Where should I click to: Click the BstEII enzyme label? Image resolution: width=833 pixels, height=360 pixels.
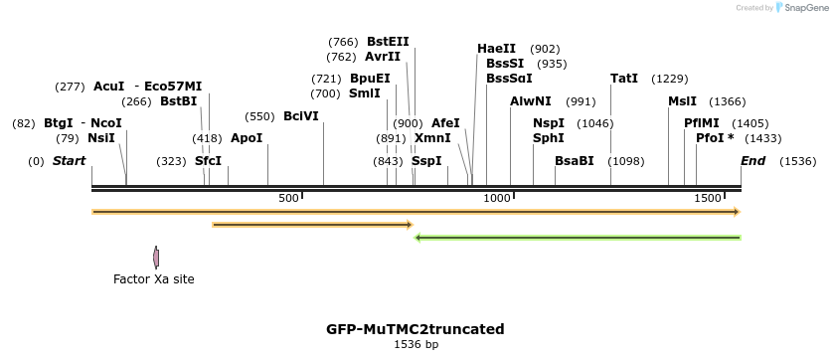(388, 42)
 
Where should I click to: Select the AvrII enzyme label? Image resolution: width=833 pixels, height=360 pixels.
(383, 57)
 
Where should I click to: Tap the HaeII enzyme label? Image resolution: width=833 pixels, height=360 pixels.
(496, 49)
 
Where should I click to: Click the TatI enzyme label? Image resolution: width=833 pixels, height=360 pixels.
(624, 79)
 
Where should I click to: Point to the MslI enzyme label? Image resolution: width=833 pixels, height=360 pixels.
(682, 101)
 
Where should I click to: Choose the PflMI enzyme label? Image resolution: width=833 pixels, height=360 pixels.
(701, 123)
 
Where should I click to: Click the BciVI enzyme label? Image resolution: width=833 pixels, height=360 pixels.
(301, 116)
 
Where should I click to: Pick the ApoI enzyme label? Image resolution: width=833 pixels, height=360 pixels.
(247, 138)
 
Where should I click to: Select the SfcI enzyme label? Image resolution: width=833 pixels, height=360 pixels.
(208, 161)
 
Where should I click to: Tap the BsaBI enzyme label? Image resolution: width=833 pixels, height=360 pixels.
(574, 161)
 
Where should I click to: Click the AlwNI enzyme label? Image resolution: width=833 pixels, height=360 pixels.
(530, 101)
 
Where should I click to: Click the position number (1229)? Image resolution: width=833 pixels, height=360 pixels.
(669, 79)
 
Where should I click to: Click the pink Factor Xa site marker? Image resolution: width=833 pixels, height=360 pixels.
(156, 258)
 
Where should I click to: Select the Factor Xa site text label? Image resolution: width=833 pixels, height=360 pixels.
(154, 279)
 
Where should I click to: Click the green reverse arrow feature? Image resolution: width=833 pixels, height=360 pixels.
(577, 238)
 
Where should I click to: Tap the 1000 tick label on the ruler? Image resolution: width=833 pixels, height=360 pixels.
(496, 199)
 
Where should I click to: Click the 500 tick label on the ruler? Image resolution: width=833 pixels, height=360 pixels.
(288, 199)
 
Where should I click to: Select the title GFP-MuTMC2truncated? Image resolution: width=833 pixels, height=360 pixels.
(416, 329)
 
